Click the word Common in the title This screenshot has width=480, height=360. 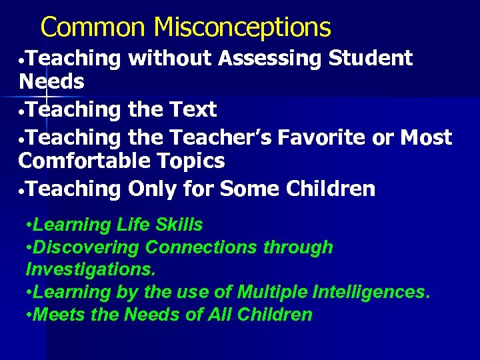pyautogui.click(x=93, y=27)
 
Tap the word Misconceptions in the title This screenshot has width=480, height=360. pyautogui.click(x=242, y=27)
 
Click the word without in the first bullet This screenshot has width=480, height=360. pyautogui.click(x=170, y=59)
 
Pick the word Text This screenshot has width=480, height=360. pyautogui.click(x=193, y=109)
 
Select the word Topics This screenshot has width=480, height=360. pyautogui.click(x=193, y=161)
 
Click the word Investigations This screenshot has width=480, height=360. pyautogui.click(x=90, y=269)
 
